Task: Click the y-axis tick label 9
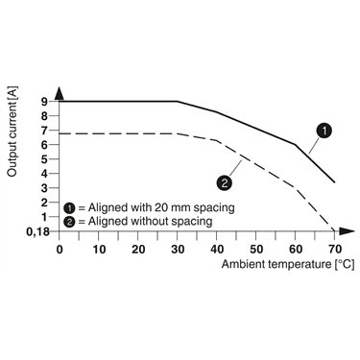44,102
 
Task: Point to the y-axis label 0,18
37,231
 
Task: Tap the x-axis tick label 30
178,250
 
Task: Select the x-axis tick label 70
335,250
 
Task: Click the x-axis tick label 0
60,250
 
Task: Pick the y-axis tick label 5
44,159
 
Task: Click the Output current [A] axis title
12,132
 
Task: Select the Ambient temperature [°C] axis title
288,264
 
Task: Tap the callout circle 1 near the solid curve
324,131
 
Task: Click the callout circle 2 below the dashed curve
224,183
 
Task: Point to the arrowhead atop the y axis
60,93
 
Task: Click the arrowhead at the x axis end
347,231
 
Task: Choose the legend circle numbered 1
69,208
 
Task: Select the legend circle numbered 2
69,222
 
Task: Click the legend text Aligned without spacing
150,221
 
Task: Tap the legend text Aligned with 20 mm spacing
161,207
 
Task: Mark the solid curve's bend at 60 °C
295,145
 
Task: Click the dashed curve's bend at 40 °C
217,140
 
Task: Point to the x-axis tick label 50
256,250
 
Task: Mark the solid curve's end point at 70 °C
334,182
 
